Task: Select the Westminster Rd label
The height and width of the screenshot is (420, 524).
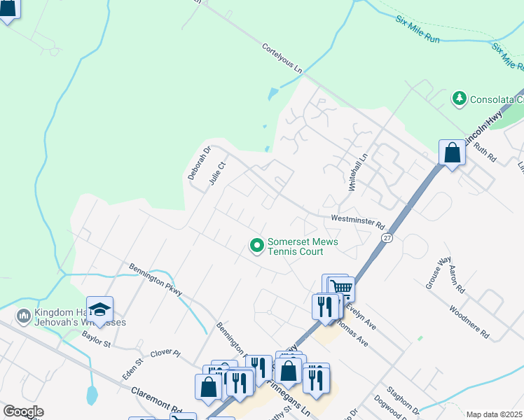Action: [x=359, y=222]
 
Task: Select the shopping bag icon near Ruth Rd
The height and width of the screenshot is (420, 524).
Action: [x=452, y=153]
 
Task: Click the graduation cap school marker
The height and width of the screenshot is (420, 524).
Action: [x=100, y=309]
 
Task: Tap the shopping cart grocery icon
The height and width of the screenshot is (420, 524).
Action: [x=341, y=288]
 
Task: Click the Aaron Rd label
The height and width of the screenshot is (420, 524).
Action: [x=457, y=279]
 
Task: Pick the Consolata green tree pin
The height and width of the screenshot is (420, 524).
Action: [x=460, y=98]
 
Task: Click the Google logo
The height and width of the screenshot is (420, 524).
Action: [x=23, y=412]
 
